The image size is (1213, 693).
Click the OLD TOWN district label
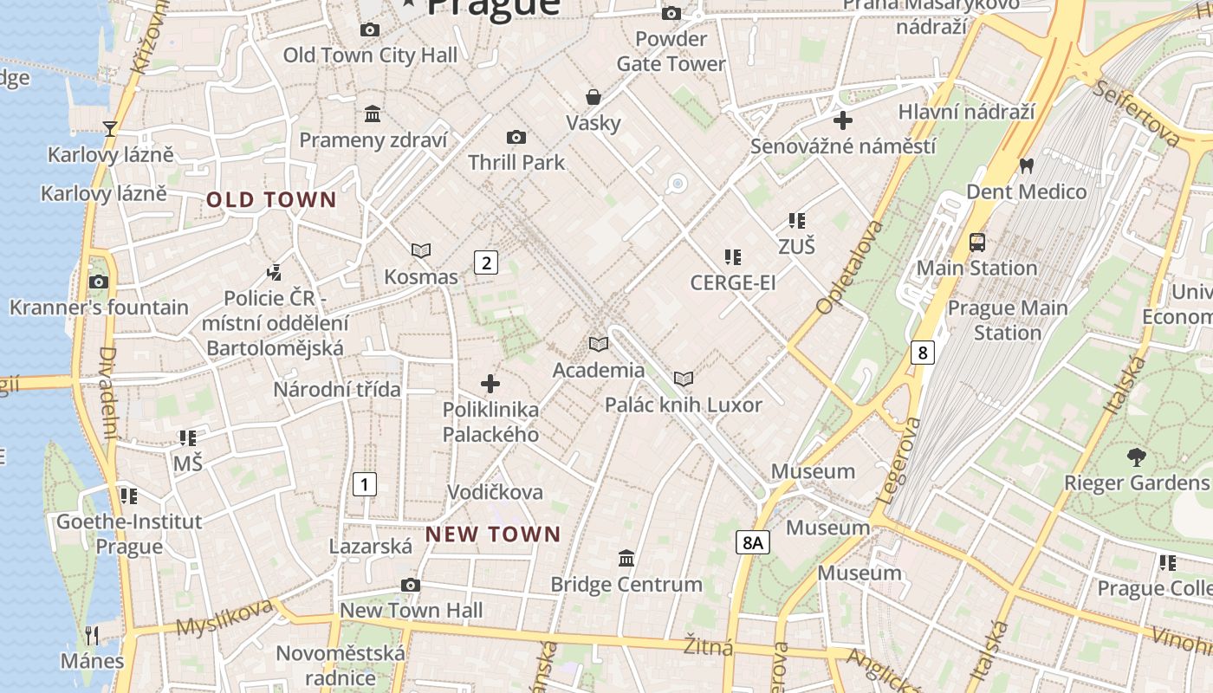point(271,200)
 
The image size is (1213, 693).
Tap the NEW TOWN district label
point(493,534)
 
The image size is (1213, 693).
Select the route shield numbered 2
point(486,262)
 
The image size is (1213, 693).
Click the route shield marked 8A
point(752,543)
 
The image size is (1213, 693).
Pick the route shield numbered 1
point(365,484)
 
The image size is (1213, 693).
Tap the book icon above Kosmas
point(421,251)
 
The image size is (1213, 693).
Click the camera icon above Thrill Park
point(516,137)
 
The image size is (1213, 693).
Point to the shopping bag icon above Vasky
point(594,96)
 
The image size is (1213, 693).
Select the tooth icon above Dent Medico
point(1027,165)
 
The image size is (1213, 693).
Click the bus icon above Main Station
point(977,242)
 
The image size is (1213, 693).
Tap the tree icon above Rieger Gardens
point(1136,456)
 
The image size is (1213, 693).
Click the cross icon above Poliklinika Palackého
point(490,383)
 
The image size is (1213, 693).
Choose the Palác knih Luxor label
point(683,405)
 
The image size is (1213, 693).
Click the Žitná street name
point(708,646)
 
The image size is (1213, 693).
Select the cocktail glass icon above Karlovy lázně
point(110,129)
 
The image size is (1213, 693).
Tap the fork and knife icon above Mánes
point(92,635)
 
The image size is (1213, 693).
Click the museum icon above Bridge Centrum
point(626,558)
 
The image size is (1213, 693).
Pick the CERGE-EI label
point(732,282)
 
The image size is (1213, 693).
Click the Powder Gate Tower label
point(671,51)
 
